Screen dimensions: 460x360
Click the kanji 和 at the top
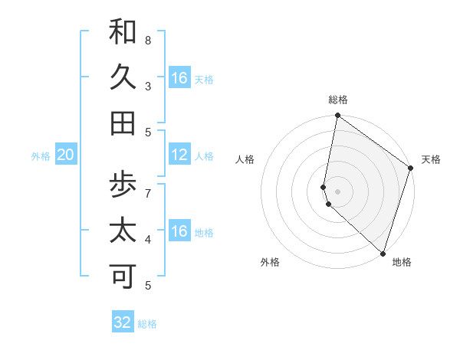tap(123, 31)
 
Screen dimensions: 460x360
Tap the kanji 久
tap(123, 77)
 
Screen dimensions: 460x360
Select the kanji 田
tap(123, 123)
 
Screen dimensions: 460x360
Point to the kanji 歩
tap(123, 185)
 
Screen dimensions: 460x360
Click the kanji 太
tap(123, 231)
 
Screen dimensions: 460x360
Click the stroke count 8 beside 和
tap(148, 40)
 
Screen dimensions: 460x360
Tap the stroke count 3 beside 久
tap(148, 86)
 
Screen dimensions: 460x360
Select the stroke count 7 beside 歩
tap(148, 192)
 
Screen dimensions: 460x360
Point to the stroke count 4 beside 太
tap(148, 239)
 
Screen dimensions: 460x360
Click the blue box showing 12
tap(179, 155)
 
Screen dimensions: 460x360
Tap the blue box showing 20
tap(66, 155)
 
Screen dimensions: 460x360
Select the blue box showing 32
tap(123, 322)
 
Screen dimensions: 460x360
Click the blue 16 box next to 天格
tap(179, 78)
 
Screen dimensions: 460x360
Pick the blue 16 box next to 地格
tap(179, 231)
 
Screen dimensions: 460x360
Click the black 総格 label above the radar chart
tap(338, 100)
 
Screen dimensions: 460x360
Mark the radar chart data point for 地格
tap(383, 253)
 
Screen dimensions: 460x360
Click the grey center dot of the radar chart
tap(338, 191)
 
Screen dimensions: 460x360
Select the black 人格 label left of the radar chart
tap(245, 159)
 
